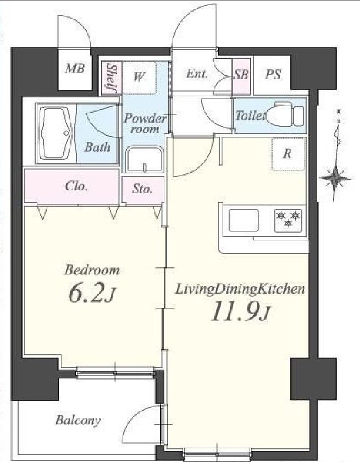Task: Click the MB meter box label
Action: (x=75, y=69)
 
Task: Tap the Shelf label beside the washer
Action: (x=111, y=78)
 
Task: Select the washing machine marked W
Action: (x=139, y=78)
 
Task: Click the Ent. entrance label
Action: (x=197, y=74)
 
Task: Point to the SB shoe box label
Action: (x=241, y=75)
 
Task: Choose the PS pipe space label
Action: (x=273, y=74)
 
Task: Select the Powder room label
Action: (x=145, y=123)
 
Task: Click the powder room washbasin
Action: (x=144, y=159)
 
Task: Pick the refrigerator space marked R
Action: (x=287, y=154)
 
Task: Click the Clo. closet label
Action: (x=76, y=186)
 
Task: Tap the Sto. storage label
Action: (x=142, y=189)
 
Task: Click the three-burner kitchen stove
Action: (x=289, y=221)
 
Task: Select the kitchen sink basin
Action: (x=244, y=221)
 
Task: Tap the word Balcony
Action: (x=78, y=420)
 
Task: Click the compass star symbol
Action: (x=336, y=178)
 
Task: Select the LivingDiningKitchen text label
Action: (x=240, y=289)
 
